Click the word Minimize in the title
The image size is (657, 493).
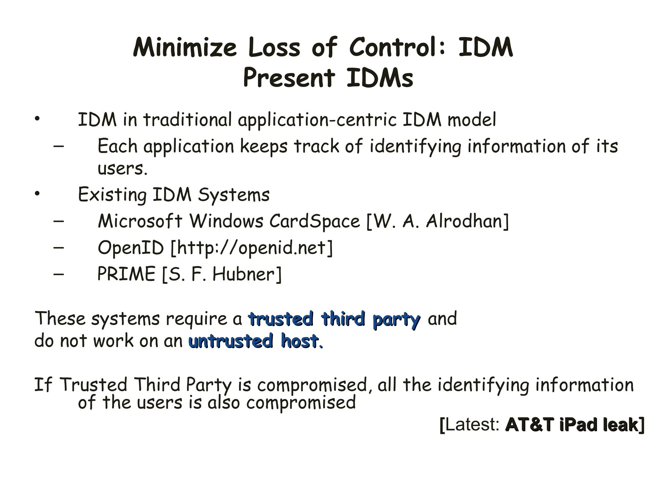pyautogui.click(x=185, y=48)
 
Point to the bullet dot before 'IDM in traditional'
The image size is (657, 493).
pyautogui.click(x=38, y=119)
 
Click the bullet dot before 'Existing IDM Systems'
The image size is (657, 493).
pyautogui.click(x=38, y=194)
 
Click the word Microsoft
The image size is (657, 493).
pyautogui.click(x=140, y=221)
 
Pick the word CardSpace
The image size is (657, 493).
pyautogui.click(x=314, y=221)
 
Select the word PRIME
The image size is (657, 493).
pyautogui.click(x=126, y=274)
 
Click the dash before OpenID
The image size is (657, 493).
pyautogui.click(x=59, y=247)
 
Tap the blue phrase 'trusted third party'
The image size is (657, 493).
pyautogui.click(x=334, y=319)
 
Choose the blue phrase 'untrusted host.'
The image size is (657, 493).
pyautogui.click(x=255, y=341)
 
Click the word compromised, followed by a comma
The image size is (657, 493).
pyautogui.click(x=312, y=385)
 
